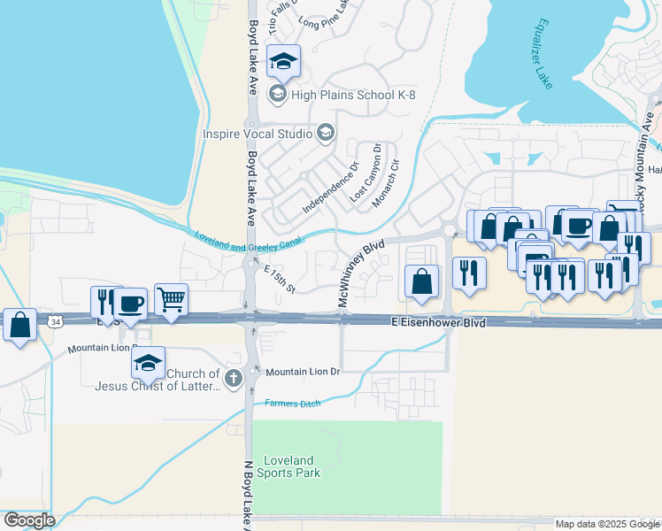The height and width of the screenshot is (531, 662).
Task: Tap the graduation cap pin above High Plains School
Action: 283,61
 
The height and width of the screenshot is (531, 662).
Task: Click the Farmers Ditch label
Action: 291,404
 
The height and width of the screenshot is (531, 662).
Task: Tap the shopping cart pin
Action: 171,299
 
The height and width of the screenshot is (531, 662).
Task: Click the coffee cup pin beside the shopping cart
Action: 130,304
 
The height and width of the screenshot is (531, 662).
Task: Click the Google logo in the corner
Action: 28,520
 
